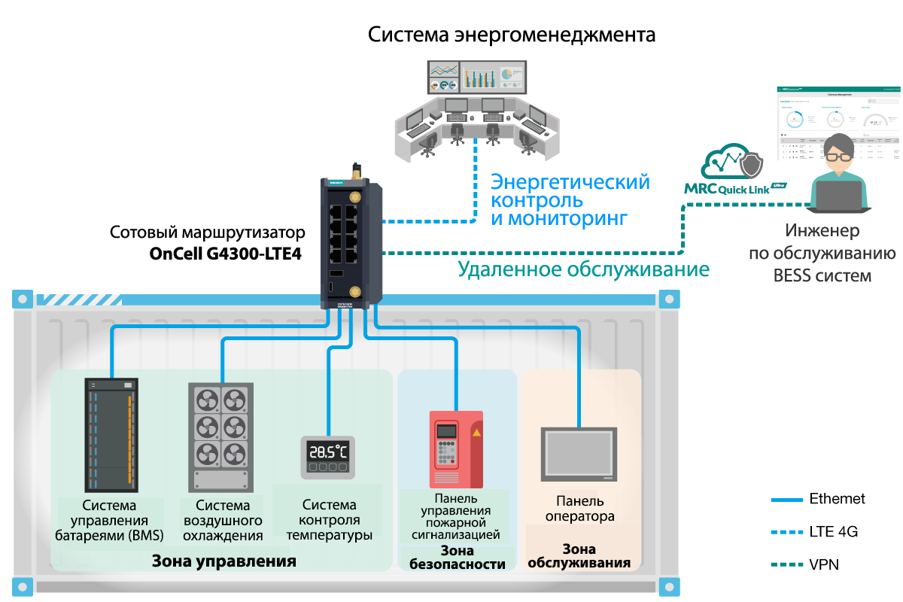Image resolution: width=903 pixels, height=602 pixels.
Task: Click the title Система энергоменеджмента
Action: pos(512,35)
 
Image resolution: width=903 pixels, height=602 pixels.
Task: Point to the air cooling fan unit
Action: pos(220,436)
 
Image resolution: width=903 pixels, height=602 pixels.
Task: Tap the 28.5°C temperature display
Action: pos(328,456)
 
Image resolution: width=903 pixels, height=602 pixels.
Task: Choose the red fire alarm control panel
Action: pos(456,448)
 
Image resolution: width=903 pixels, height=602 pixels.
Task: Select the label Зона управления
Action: pos(224,561)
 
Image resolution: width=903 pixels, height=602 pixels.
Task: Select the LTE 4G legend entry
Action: pos(833,532)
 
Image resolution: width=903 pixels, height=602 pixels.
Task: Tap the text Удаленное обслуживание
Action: pos(584,269)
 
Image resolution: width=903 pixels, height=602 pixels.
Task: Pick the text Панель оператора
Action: pos(580,509)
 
